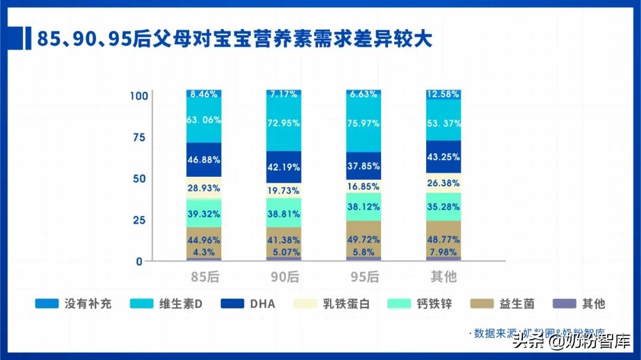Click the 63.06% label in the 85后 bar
204,120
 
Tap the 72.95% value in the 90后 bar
284,123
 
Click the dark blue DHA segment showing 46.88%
204,160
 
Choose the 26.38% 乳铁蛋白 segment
443,183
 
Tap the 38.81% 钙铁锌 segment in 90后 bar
284,214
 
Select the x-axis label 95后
363,277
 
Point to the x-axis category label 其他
443,277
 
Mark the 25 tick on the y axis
138,220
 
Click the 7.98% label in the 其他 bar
443,252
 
